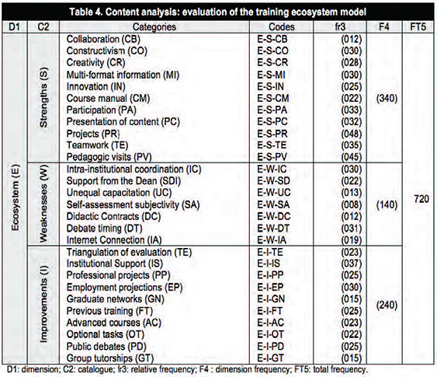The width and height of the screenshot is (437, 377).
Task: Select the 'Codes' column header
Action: tap(282, 26)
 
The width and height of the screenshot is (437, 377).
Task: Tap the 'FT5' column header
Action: tap(418, 26)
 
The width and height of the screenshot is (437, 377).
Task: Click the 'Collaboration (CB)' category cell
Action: tap(103, 39)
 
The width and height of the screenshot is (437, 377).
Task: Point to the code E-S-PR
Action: tap(272, 134)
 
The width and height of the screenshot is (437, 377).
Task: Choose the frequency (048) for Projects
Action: tap(352, 134)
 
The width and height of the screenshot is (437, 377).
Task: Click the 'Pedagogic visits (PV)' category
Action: tap(109, 157)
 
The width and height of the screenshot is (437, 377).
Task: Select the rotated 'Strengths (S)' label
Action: tap(44, 97)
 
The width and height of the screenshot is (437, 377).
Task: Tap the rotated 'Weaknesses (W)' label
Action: tap(44, 204)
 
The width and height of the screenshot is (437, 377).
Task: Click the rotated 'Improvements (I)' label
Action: tap(44, 303)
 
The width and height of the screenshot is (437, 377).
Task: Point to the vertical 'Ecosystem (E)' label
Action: tap(15, 198)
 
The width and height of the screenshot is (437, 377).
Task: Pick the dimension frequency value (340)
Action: tap(387, 99)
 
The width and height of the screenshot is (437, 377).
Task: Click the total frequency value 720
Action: tap(421, 199)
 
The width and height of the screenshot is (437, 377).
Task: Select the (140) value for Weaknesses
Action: tap(387, 205)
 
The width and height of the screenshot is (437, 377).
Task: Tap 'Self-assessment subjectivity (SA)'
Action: tap(134, 205)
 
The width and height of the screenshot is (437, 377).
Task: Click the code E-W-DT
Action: tap(273, 229)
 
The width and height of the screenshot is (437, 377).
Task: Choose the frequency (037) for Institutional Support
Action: tap(352, 264)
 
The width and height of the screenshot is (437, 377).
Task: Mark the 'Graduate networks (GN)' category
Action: tap(116, 299)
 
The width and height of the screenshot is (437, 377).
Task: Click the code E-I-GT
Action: tap(270, 358)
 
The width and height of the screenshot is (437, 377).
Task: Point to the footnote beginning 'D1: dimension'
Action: tap(187, 370)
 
